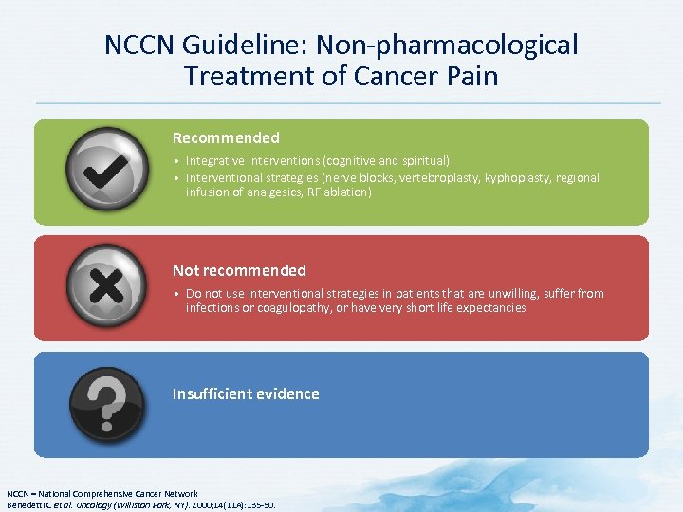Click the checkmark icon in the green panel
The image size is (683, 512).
107,172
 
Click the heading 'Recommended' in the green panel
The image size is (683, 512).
226,137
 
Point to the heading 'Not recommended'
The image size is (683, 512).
239,270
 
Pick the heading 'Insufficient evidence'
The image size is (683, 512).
246,393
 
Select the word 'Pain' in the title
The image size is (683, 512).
469,76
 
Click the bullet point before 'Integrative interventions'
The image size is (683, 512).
176,161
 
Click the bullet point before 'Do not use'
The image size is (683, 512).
176,294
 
